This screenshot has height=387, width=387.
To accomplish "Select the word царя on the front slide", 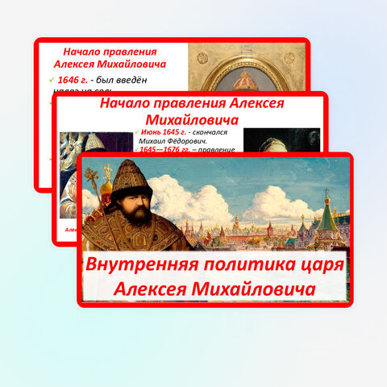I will (309, 264).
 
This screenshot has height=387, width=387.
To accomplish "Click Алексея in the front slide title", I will (151, 288).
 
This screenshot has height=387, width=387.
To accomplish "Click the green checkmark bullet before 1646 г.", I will (52, 81).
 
